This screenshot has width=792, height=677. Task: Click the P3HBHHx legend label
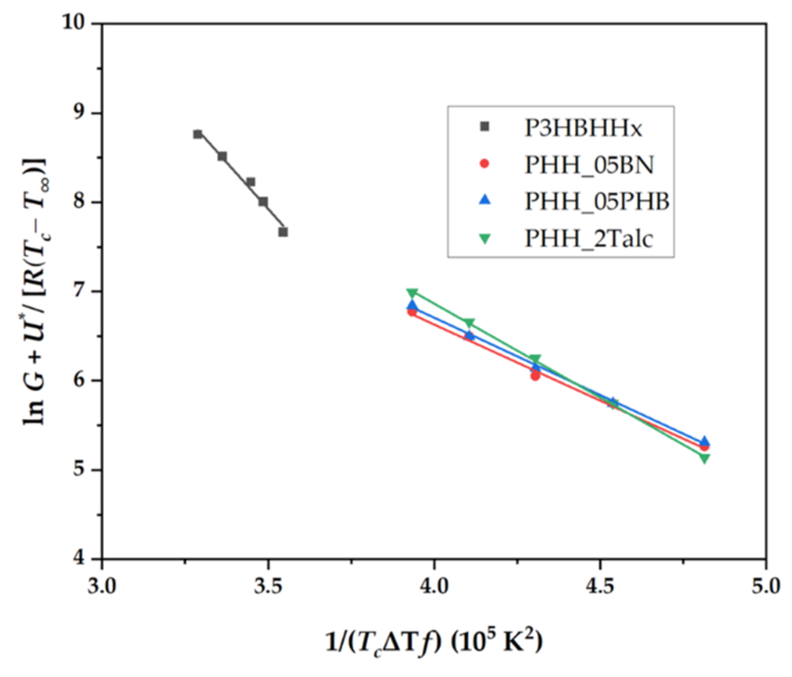pos(583,128)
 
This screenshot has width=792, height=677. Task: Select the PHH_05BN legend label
pos(589,165)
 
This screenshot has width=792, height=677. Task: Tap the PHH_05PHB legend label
pos(597,201)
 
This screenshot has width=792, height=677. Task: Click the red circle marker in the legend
pos(484,164)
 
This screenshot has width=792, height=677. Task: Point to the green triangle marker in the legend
pos(484,239)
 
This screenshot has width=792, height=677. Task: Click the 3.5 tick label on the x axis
pos(268,586)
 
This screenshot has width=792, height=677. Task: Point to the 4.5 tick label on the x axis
pos(600,586)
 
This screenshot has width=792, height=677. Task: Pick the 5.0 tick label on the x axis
pos(766,586)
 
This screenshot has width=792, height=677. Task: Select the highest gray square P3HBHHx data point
pos(198,134)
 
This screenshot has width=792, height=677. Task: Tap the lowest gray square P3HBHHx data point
pos(283,232)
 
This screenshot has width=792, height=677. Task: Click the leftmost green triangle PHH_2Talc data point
pos(412,293)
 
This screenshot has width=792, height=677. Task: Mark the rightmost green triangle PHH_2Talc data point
pos(705,458)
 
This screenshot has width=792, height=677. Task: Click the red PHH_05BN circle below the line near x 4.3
pos(535,376)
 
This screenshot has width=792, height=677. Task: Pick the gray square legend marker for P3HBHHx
pos(484,127)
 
